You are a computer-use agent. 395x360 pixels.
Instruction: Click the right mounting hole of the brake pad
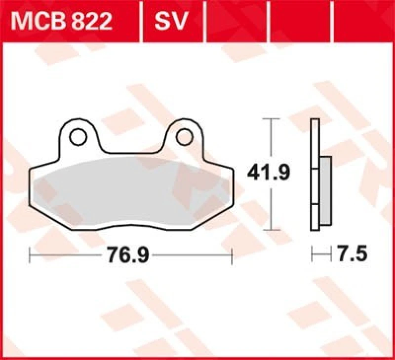pyautogui.click(x=183, y=136)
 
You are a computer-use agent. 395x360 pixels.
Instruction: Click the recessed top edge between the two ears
pyautogui.click(x=131, y=152)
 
